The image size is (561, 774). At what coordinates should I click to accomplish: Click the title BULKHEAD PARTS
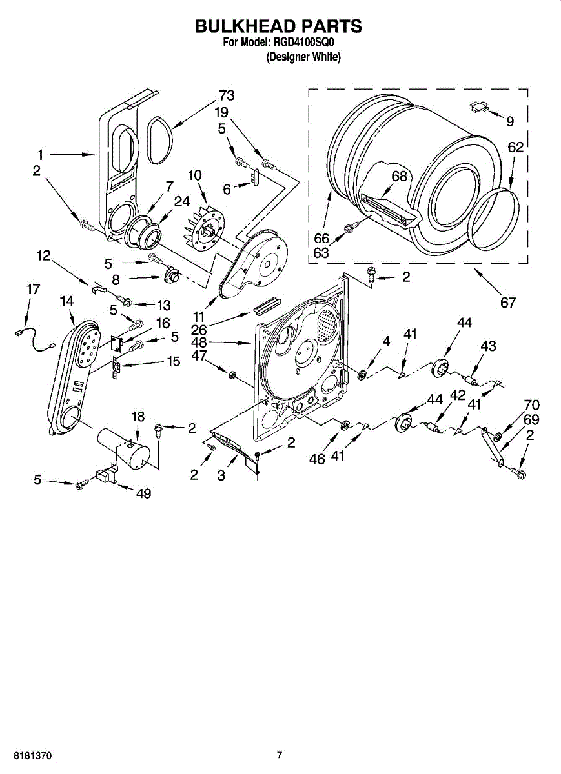pos(278,26)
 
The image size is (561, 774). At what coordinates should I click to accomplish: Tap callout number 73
pos(226,95)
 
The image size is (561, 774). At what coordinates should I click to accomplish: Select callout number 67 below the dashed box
pos(508,301)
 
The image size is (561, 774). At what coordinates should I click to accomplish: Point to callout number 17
pos(33,290)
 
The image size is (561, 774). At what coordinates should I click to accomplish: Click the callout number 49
pos(143,493)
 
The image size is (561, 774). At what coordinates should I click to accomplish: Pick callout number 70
pos(531,405)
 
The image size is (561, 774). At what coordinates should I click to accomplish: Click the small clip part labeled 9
pos(478,107)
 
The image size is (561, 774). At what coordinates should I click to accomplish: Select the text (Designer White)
pos(303,57)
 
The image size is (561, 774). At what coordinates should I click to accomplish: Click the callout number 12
pos(43,256)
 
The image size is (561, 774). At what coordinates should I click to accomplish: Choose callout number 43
pos(488,346)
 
